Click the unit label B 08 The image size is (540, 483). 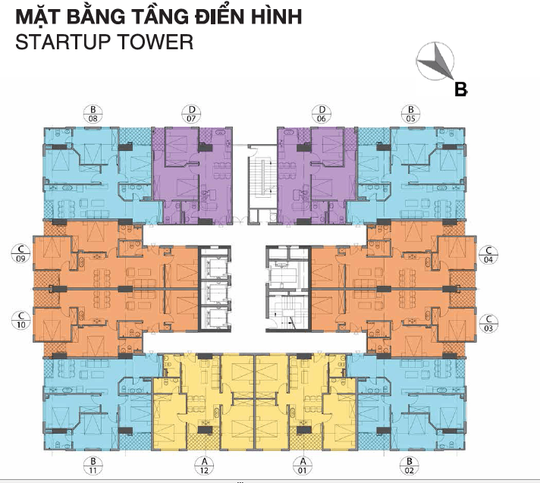[93, 113]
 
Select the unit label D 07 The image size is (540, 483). [190, 113]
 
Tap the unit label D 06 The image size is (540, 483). [322, 113]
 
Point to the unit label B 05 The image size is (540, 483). [410, 113]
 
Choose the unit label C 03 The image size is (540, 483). [489, 324]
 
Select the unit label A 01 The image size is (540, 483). [303, 466]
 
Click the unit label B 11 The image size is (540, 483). [93, 466]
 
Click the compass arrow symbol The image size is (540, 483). [435, 60]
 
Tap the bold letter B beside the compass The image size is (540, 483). [460, 89]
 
